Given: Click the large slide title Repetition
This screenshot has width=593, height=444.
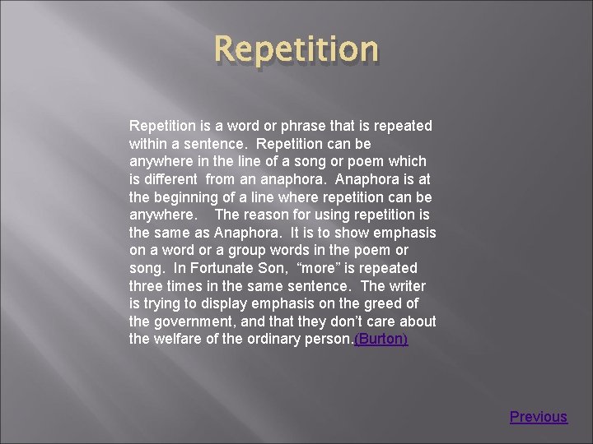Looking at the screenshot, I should pos(296,49).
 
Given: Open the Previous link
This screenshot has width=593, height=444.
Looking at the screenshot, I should pos(538,417).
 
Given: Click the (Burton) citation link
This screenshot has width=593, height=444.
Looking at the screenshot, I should pos(381,339).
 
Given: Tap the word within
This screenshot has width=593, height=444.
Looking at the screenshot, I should pos(148,144).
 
